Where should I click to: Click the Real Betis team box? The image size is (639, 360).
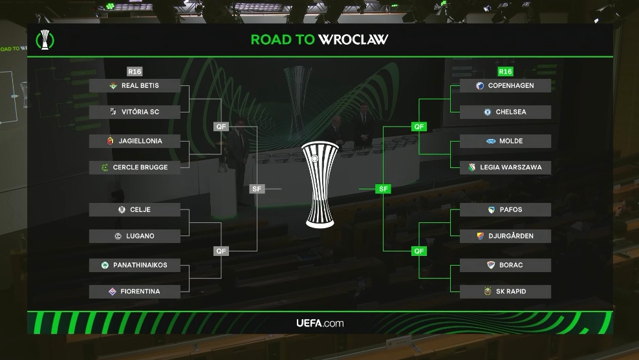(135, 86)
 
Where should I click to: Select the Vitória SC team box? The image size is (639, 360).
(135, 112)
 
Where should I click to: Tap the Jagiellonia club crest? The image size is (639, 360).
(110, 141)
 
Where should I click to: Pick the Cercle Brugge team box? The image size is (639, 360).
(135, 167)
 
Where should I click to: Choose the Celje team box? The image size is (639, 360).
(135, 209)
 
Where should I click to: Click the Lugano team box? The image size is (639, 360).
(135, 236)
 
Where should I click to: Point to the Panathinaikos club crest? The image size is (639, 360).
(105, 265)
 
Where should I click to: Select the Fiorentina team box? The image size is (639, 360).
(135, 291)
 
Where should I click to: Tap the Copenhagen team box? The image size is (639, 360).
(505, 86)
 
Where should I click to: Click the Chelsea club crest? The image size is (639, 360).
(487, 112)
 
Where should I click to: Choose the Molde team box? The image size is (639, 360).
(505, 141)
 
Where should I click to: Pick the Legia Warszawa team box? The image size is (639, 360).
(505, 167)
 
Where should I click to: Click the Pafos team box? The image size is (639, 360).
(505, 209)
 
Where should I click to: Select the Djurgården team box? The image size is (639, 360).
(505, 236)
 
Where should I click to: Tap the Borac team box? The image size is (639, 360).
(505, 265)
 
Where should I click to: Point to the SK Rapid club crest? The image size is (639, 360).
(489, 291)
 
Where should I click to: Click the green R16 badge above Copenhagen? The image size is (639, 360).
(505, 71)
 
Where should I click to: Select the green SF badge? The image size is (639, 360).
(384, 189)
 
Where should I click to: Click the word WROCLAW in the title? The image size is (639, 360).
(353, 39)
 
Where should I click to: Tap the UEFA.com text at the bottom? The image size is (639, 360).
(319, 323)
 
